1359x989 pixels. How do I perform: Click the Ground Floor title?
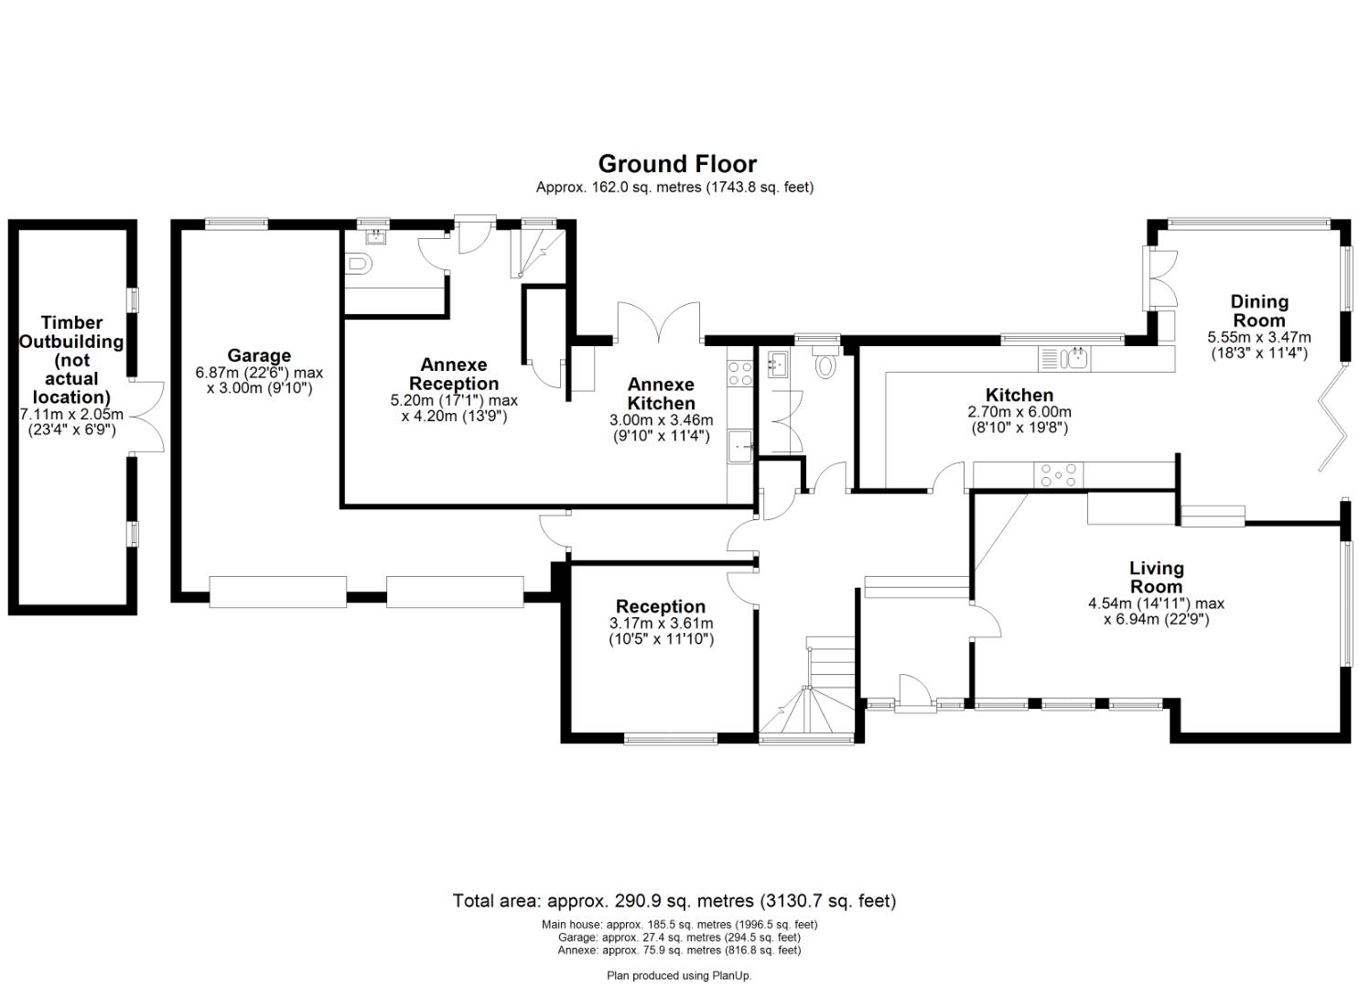(x=677, y=164)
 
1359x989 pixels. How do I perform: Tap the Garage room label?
(x=259, y=355)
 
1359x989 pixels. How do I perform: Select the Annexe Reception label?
(x=454, y=375)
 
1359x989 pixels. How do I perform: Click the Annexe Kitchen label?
(x=661, y=394)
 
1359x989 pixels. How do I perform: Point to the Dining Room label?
(x=1258, y=310)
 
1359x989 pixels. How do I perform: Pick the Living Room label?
(x=1156, y=578)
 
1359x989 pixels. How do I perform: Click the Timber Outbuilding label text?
(x=72, y=359)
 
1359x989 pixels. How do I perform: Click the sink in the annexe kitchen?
(x=739, y=448)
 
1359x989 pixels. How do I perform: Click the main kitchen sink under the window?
(x=1076, y=357)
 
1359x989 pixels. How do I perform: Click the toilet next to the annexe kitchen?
(x=825, y=365)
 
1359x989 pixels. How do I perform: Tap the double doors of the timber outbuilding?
(x=146, y=417)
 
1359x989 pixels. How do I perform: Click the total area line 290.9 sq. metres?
(x=674, y=900)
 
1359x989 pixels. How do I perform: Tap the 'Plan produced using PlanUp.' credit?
(x=679, y=975)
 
